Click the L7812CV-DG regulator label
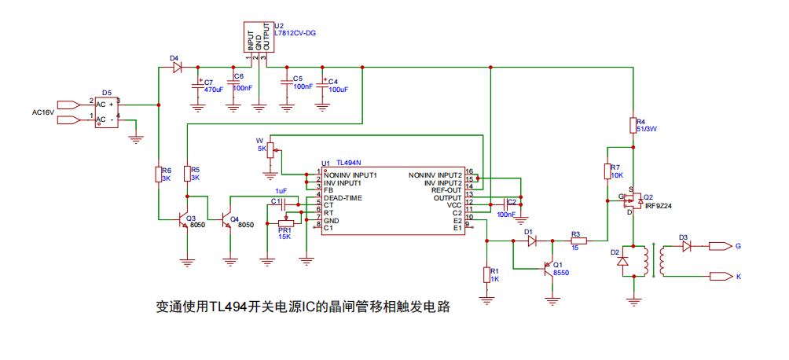coord(295,33)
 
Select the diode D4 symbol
coord(177,68)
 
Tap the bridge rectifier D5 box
coord(107,109)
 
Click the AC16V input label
coord(42,112)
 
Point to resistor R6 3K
coord(160,174)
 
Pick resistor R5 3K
coord(187,174)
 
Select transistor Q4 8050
coord(229,219)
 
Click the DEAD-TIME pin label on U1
coord(343,198)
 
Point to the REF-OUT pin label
coord(446,189)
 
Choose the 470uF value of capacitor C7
coord(214,90)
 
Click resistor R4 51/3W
coord(633,125)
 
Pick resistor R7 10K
coord(607,171)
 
